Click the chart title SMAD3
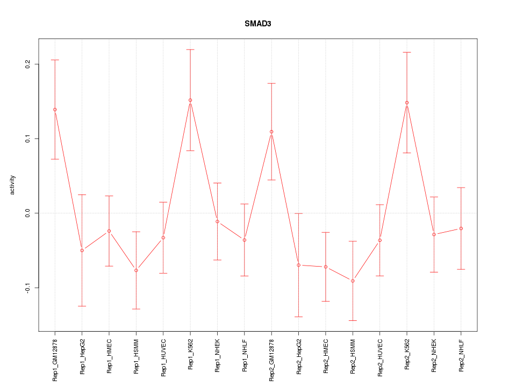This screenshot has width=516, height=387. [x=258, y=24]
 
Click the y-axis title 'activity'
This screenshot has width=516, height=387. [x=13, y=185]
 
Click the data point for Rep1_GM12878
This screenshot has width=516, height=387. [x=55, y=110]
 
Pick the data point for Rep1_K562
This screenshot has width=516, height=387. [x=190, y=100]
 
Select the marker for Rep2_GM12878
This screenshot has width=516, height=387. [x=271, y=132]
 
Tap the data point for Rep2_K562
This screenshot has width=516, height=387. [x=407, y=103]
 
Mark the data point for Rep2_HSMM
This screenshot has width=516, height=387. [x=353, y=281]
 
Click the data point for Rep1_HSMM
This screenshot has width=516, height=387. [x=136, y=270]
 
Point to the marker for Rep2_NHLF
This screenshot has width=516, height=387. [x=461, y=228]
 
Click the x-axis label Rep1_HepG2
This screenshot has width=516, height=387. [x=82, y=356]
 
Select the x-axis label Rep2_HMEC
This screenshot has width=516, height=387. [x=326, y=356]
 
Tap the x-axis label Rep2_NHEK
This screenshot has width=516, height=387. [x=434, y=356]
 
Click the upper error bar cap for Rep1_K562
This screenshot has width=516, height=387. [x=190, y=49]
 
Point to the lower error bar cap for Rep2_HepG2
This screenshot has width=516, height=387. [x=298, y=317]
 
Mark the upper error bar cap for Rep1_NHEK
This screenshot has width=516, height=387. [x=217, y=183]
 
